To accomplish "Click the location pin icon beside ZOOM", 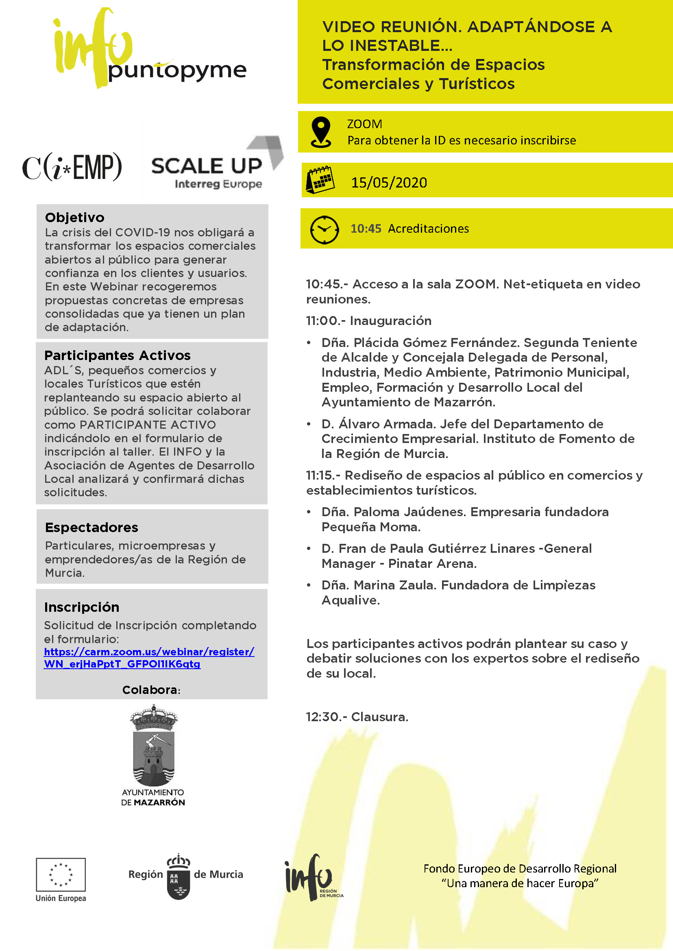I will click(321, 132).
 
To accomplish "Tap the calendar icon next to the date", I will click(320, 179).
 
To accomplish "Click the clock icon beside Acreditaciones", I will click(324, 229).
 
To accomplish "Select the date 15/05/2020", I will click(389, 183).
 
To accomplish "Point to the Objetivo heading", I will click(74, 217).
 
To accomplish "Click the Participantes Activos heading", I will click(117, 355).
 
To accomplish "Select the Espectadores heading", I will click(91, 527).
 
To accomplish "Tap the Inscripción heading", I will click(82, 607).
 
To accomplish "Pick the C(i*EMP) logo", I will click(72, 167).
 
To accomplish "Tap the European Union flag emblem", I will click(61, 874).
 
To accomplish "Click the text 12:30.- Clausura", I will click(357, 717).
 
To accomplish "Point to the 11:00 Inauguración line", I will click(368, 321).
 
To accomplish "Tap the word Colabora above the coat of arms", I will click(150, 690).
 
